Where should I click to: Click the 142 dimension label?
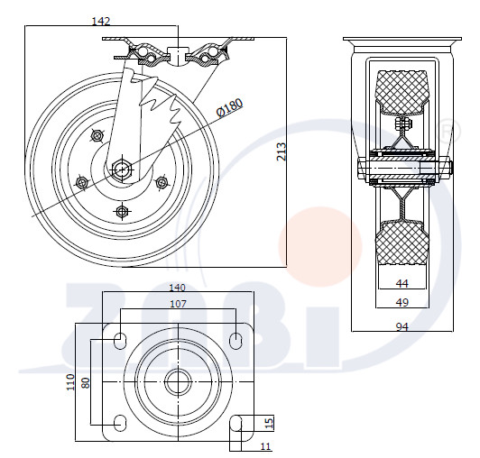pos(101,21)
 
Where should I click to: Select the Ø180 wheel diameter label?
pos(230,107)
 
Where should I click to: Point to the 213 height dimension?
pos(281,151)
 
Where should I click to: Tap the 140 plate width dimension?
pos(178,288)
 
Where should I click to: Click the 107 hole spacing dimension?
pos(178,304)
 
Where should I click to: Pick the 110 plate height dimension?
pos(70,382)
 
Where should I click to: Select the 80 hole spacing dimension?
pos(86,383)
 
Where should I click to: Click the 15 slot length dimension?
pos(269,423)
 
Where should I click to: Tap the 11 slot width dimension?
pos(265,446)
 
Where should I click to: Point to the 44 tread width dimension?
pos(402,284)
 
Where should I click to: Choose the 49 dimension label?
pos(402,302)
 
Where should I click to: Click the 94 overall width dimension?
pos(402,327)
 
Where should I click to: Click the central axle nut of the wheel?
pos(122,169)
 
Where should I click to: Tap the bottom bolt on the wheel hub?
pos(122,211)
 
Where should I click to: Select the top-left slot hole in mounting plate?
pos(120,339)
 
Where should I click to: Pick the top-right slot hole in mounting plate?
pos(235,339)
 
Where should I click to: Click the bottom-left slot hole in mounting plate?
pos(120,423)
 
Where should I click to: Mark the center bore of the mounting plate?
pos(178,382)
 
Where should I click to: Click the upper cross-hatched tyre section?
pos(402,92)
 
